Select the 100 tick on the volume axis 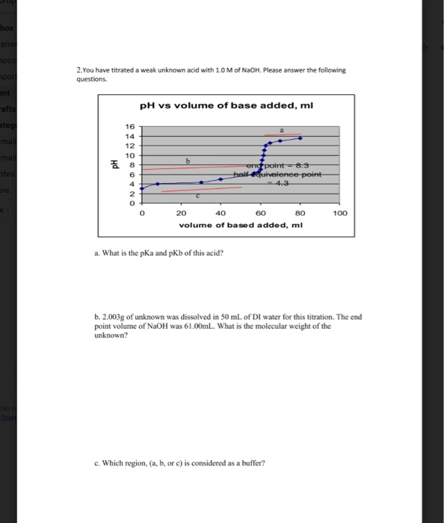point(340,213)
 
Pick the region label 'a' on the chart point(282,129)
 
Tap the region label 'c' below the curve point(197,196)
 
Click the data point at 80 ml point(300,137)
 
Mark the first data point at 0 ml point(142,188)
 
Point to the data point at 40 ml point(221,179)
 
